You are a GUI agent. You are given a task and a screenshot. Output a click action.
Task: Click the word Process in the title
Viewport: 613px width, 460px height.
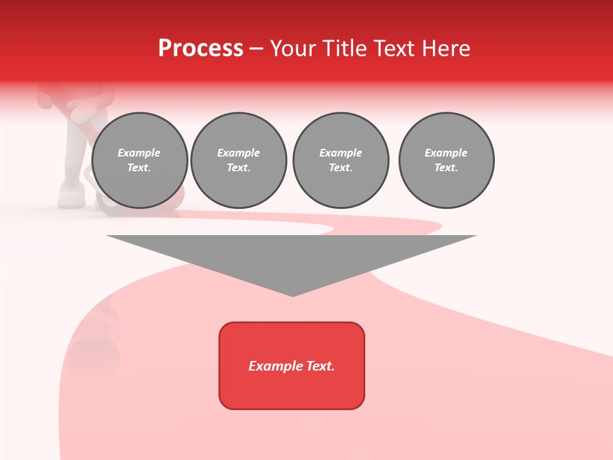201,49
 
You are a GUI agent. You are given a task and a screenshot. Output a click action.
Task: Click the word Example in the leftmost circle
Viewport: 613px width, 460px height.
139,153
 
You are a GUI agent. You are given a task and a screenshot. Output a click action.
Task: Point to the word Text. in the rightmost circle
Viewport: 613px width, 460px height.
446,167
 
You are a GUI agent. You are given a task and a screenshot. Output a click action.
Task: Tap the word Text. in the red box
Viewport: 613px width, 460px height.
320,366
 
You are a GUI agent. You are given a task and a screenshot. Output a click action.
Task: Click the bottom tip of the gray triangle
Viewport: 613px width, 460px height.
292,295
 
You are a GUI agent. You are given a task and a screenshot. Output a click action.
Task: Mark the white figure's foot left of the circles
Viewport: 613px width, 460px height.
71,195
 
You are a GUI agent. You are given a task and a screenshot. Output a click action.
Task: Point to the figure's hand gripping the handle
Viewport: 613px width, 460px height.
80,113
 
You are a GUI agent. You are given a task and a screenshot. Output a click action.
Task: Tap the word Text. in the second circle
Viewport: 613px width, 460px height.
239,167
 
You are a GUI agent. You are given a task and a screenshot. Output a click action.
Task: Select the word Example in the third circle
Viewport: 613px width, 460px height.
340,153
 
